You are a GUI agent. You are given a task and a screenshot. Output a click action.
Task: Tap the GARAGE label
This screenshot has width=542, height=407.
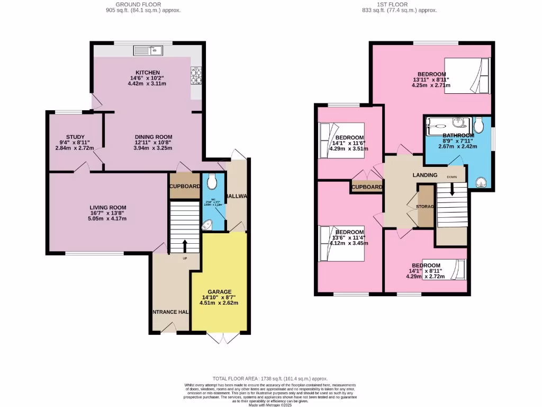tap(219, 291)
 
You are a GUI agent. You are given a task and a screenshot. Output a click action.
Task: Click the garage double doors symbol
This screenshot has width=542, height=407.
tap(219, 339)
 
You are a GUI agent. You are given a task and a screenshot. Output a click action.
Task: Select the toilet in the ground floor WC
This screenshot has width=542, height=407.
tap(213, 182)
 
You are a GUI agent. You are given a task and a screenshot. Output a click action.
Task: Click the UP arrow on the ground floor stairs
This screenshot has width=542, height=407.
tap(185, 246)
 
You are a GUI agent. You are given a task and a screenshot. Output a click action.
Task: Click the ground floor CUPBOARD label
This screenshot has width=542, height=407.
tap(185, 187)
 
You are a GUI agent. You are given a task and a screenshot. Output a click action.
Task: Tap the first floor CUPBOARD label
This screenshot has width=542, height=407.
tap(367, 187)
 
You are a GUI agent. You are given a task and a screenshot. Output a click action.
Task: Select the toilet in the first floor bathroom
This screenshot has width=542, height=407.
tap(479, 125)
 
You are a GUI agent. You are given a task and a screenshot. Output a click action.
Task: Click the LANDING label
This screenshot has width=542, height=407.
tap(425, 175)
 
